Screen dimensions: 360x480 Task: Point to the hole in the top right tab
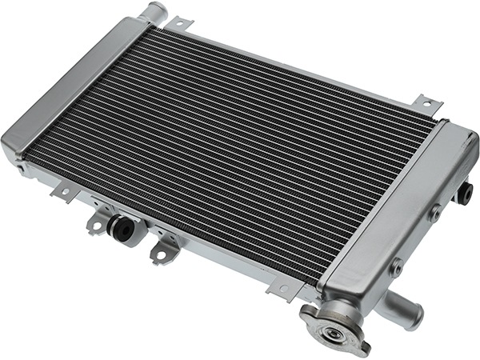(427, 101)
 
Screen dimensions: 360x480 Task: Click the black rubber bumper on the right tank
(466, 193)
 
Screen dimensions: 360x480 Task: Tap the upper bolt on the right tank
(434, 213)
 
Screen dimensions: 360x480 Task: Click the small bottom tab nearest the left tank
(60, 192)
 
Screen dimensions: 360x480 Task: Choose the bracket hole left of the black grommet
(96, 226)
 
